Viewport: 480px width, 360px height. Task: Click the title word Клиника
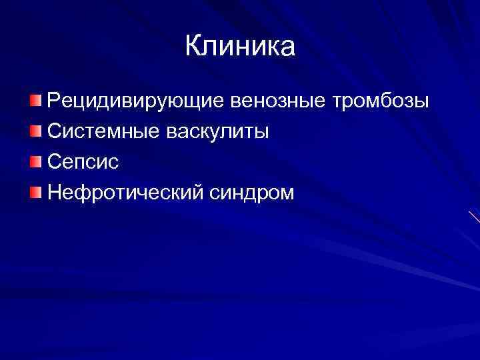tap(239, 47)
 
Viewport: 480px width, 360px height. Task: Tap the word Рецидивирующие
tap(137, 102)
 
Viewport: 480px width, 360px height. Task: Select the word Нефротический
tap(123, 193)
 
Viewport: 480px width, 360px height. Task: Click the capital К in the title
tap(193, 47)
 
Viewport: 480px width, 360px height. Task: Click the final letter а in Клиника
tap(287, 49)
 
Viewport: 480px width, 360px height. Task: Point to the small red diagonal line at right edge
tap(474, 216)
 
